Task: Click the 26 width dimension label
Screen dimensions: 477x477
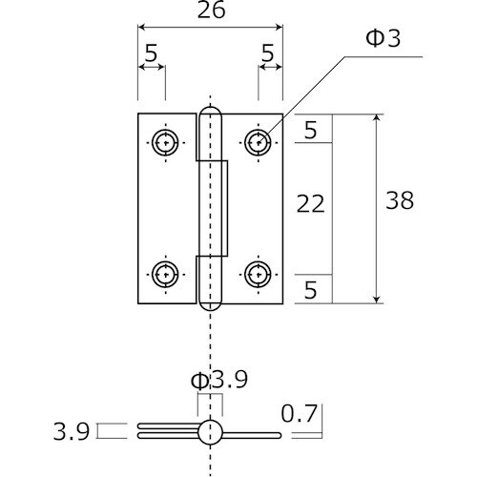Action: (x=211, y=10)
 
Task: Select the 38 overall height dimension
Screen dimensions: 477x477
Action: (x=400, y=200)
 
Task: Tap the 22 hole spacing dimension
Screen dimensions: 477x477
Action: (x=310, y=204)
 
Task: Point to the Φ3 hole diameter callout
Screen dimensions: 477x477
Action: (x=384, y=38)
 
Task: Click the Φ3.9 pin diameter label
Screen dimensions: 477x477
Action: (x=219, y=380)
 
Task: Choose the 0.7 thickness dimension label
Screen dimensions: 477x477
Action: (x=300, y=414)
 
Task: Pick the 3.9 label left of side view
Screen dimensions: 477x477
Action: (x=72, y=431)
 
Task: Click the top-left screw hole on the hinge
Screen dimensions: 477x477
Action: (x=165, y=143)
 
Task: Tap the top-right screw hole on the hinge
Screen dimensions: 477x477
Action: (x=258, y=143)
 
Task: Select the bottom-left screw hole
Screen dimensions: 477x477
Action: (x=165, y=274)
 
